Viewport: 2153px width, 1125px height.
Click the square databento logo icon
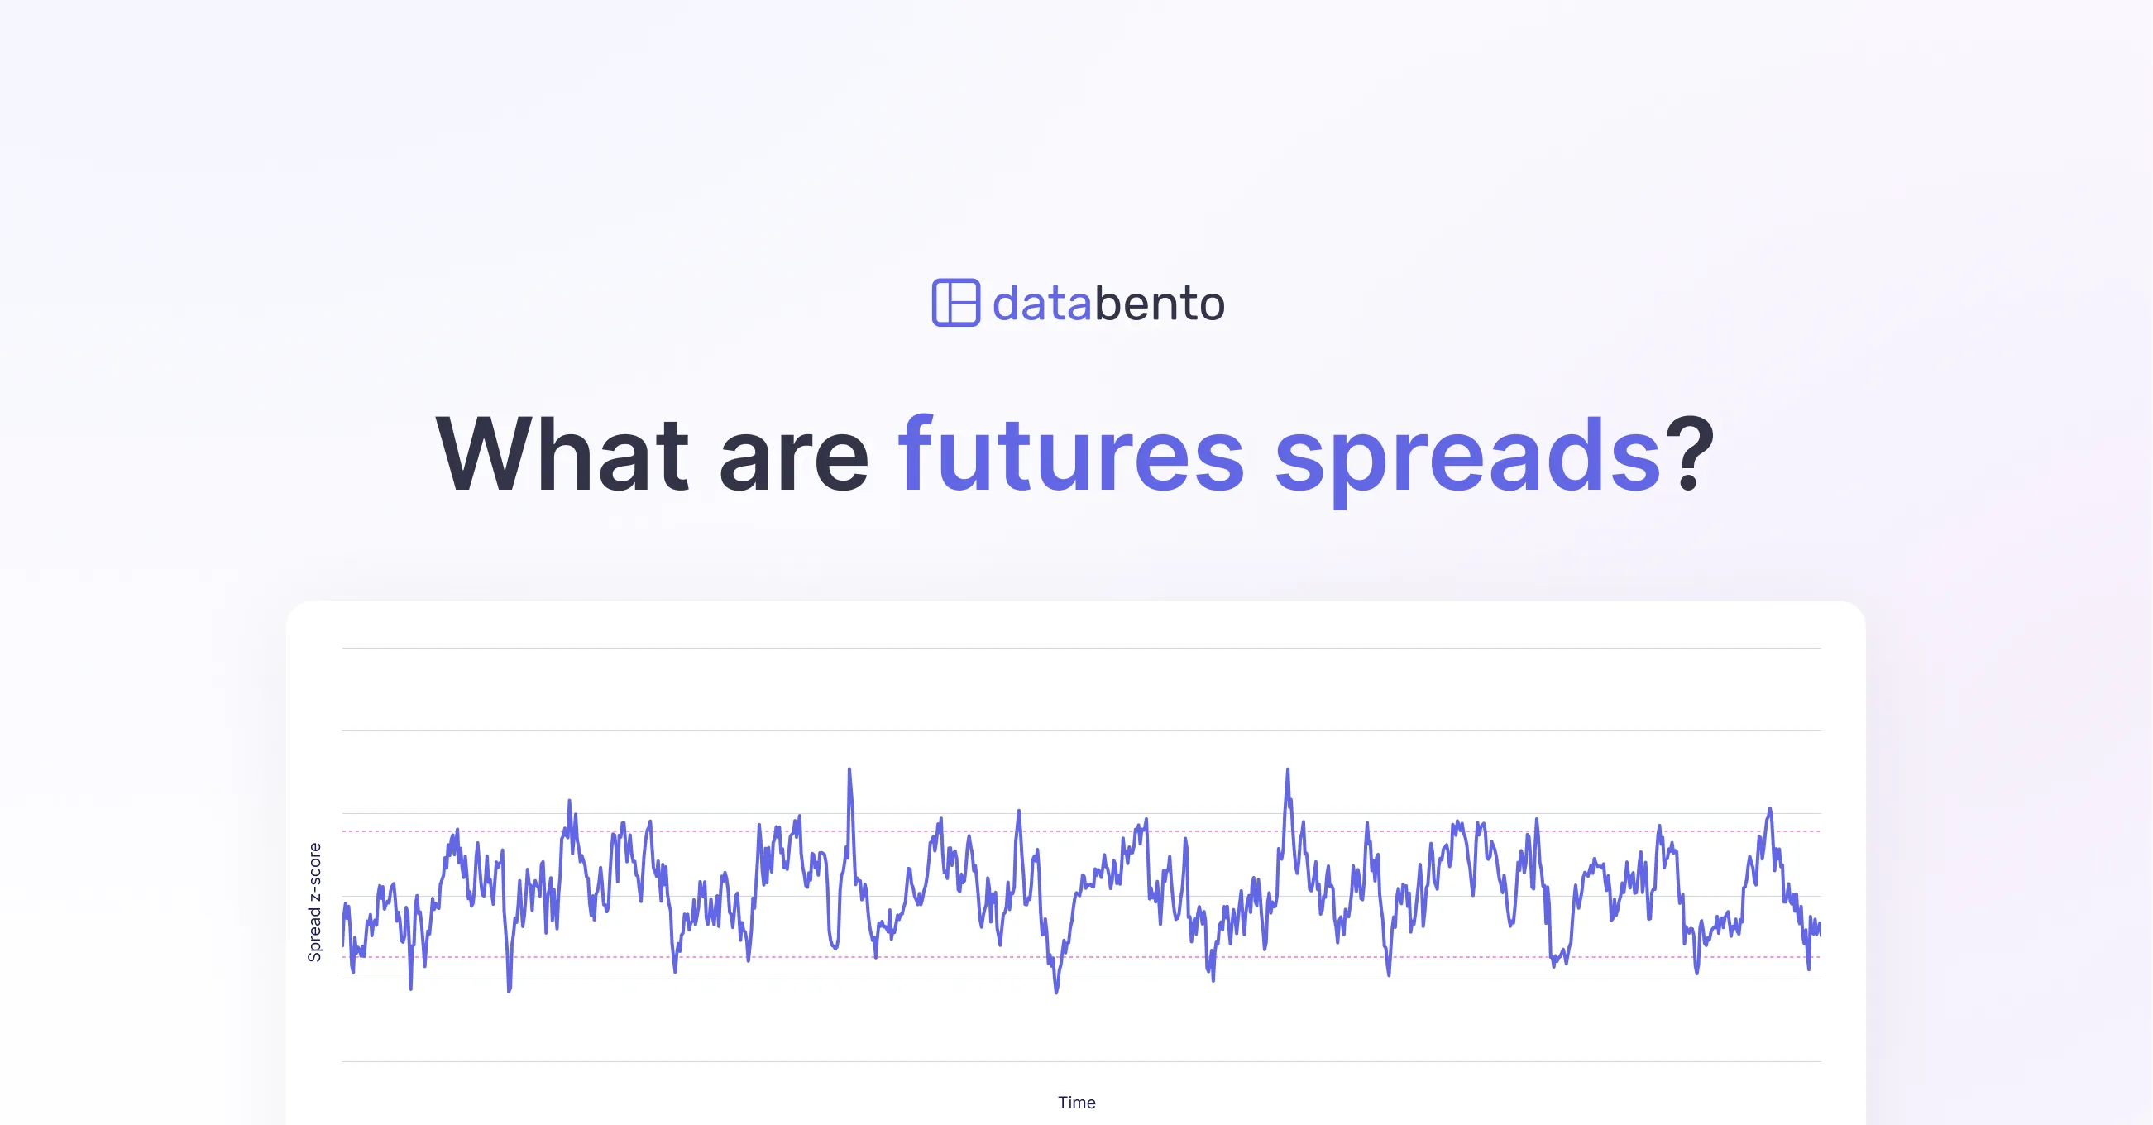[955, 303]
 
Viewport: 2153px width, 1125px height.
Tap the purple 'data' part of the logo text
[1041, 304]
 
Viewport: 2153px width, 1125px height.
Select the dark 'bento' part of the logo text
[1160, 304]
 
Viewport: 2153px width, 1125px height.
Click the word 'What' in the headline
[562, 456]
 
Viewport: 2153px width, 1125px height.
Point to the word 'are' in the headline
[793, 464]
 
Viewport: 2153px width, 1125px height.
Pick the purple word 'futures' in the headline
[1070, 456]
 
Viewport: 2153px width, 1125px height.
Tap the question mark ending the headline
[1689, 456]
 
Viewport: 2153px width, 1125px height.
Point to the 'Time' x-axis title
[1077, 1103]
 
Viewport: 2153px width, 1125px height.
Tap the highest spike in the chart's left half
[849, 772]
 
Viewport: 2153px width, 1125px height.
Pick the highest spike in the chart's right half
[1287, 772]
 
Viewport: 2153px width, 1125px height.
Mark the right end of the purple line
[1820, 928]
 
